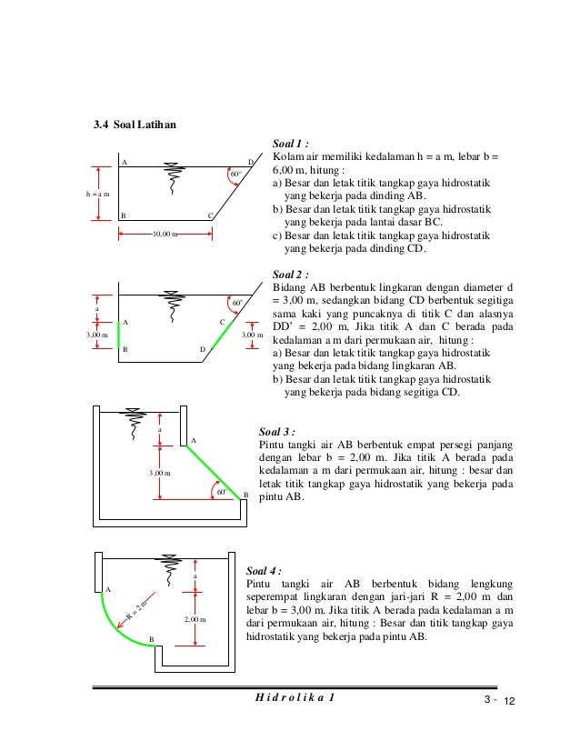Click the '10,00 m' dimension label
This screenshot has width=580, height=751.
coord(165,235)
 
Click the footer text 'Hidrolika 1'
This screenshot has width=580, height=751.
coord(293,697)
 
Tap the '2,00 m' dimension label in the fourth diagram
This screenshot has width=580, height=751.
coord(195,619)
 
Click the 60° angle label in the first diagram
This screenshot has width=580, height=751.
coord(235,173)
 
